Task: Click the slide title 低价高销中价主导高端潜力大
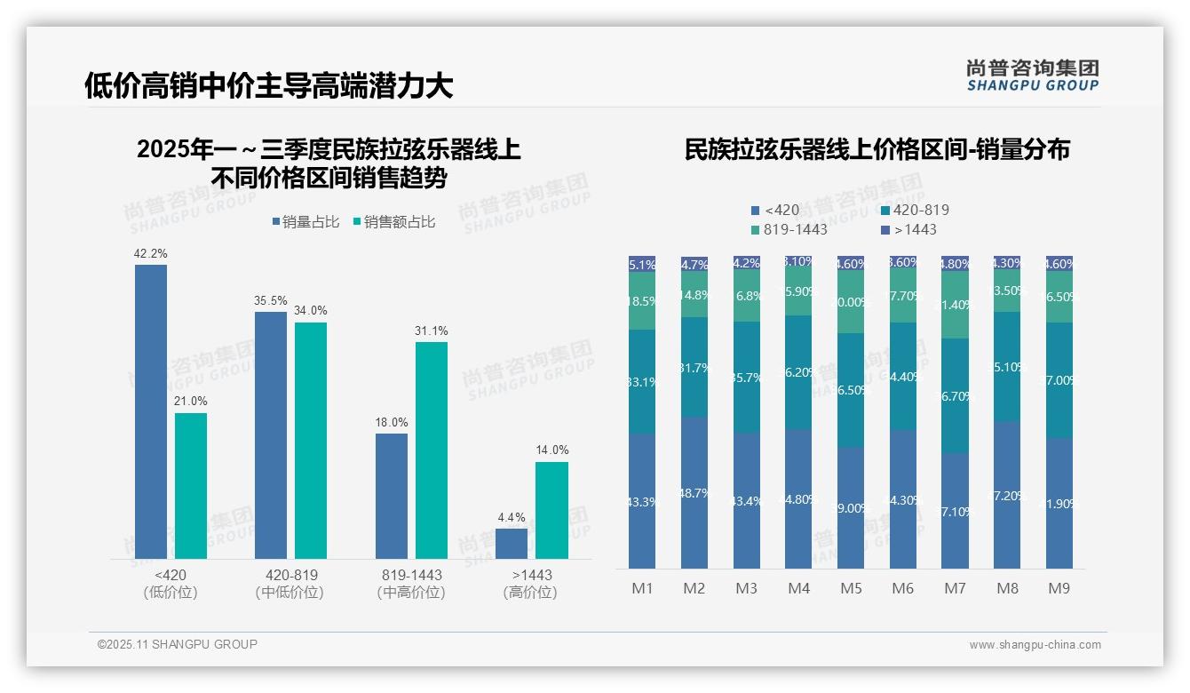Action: pyautogui.click(x=268, y=86)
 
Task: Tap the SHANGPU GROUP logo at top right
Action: pyautogui.click(x=1032, y=76)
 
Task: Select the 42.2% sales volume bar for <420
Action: pyautogui.click(x=150, y=411)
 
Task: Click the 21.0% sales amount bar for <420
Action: pyautogui.click(x=191, y=485)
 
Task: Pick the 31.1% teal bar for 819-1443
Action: pyautogui.click(x=432, y=450)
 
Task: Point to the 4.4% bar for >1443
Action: pyautogui.click(x=512, y=544)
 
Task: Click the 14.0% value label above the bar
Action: pyautogui.click(x=551, y=450)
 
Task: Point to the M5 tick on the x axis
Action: pyautogui.click(x=851, y=588)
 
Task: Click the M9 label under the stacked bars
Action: pyautogui.click(x=1059, y=588)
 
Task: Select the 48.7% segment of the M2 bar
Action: pyautogui.click(x=694, y=492)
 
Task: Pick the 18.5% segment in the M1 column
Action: pyautogui.click(x=642, y=301)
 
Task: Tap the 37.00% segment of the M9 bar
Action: pyautogui.click(x=1059, y=380)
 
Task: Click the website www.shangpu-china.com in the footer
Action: pyautogui.click(x=1035, y=645)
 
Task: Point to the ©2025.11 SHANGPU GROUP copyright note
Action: pyautogui.click(x=178, y=644)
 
